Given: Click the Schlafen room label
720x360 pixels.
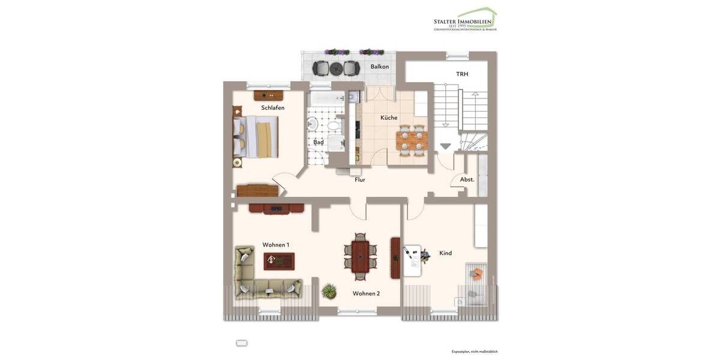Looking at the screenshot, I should pos(272,108).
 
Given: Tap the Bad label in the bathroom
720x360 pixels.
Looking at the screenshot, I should pos(319,142).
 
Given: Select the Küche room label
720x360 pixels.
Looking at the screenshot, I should pos(389,118).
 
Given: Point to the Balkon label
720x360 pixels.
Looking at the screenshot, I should pos(379,67).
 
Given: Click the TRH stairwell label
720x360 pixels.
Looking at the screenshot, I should pos(462,74).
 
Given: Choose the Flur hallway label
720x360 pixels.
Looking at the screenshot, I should pos(360,179).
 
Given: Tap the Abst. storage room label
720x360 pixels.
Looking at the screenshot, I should pos(467,179).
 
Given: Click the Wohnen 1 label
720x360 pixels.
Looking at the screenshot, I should pos(275,245).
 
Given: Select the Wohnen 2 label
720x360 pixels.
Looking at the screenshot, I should pos(366,293).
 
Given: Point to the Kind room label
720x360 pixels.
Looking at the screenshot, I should pos(445,253).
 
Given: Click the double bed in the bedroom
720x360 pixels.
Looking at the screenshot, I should pos(256,137).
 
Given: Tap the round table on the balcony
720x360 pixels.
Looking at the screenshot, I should pos(336,68).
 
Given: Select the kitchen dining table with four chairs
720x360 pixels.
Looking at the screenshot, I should pos(411,140).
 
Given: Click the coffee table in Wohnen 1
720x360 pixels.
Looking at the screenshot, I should pos(279,261).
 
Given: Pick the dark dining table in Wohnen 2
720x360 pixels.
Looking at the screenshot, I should pos(360,257).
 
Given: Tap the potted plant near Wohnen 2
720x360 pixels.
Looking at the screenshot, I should pos(329,292).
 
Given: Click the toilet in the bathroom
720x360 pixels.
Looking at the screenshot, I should pos(312,124).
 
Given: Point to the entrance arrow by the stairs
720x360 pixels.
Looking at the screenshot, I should pos(445,146).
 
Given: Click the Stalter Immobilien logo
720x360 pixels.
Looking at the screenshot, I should pos(466,20).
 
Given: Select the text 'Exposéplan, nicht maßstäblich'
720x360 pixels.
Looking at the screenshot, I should pos(475,352).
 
